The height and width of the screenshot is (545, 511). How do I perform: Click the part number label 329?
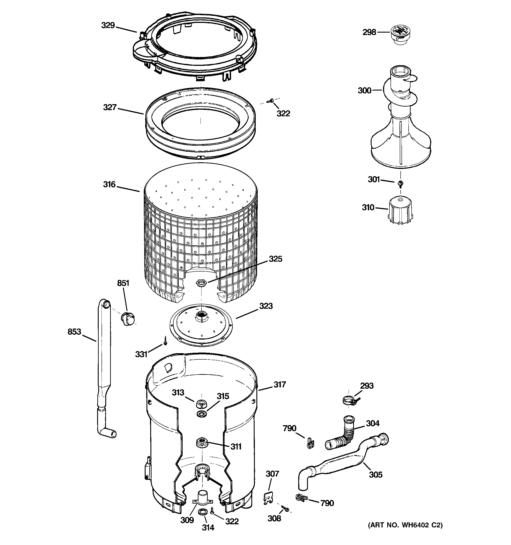click(x=108, y=26)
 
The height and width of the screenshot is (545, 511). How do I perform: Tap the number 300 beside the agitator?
click(x=365, y=91)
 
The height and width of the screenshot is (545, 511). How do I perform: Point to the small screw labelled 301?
click(x=400, y=183)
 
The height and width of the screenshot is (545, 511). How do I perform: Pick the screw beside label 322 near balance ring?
click(x=272, y=101)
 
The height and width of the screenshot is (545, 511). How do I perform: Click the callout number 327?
click(x=110, y=107)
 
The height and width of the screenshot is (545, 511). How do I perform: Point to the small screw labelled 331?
click(x=166, y=341)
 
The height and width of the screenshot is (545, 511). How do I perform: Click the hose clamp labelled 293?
click(x=348, y=401)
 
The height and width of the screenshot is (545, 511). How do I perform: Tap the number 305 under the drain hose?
click(x=376, y=475)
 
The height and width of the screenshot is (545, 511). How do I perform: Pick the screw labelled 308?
click(x=285, y=508)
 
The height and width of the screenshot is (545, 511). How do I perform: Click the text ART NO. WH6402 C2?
click(x=405, y=525)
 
